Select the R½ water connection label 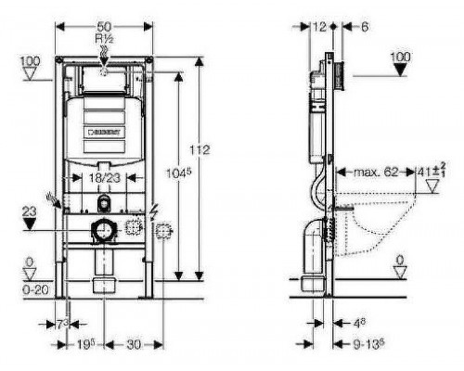click(x=104, y=39)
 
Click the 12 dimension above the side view click(x=320, y=29)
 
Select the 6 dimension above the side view click(x=365, y=29)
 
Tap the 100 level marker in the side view click(x=400, y=58)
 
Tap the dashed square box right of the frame click(x=165, y=232)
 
